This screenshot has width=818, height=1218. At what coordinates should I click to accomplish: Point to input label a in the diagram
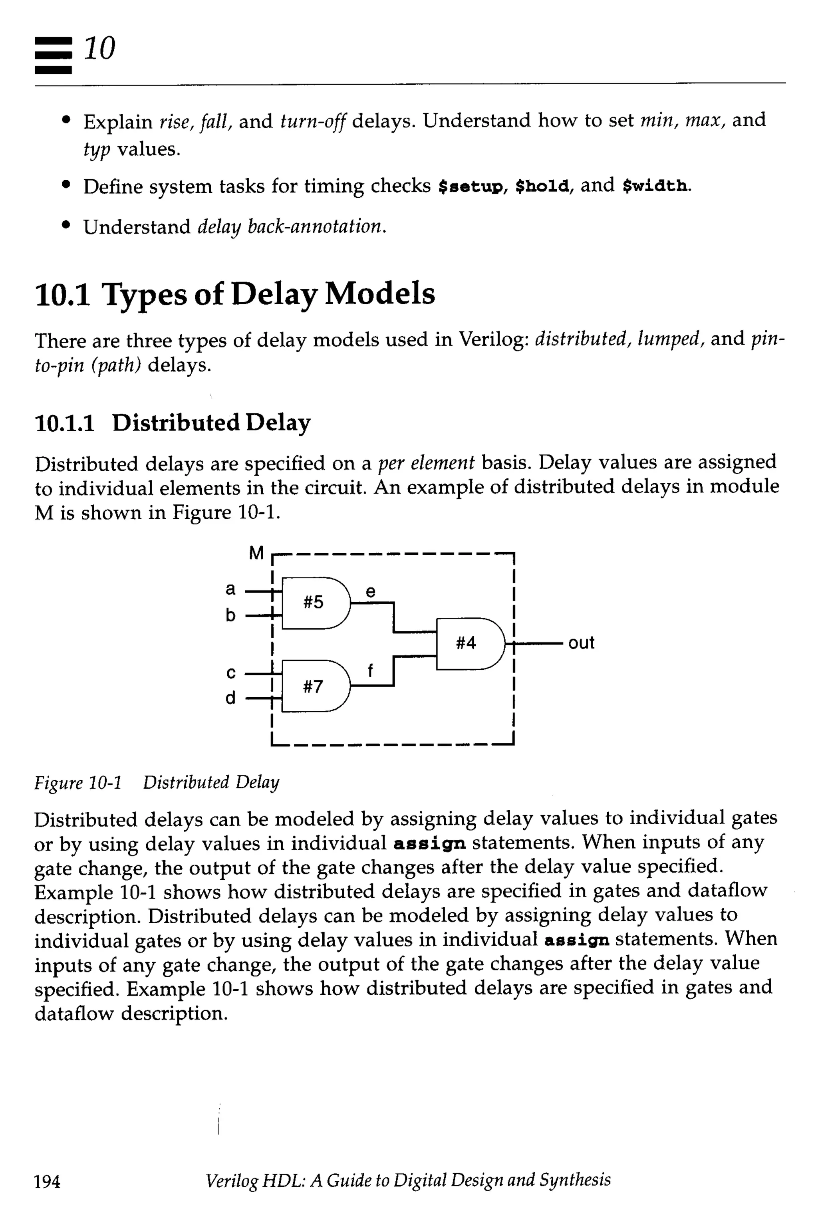[x=230, y=589]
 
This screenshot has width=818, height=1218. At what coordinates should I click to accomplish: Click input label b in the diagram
[x=230, y=615]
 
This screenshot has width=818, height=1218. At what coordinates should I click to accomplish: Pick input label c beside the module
[x=230, y=673]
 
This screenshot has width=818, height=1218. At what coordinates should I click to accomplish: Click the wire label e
[x=370, y=591]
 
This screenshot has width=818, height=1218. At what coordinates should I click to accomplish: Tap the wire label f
[x=370, y=670]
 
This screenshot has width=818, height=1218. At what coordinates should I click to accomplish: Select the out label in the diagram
[x=581, y=643]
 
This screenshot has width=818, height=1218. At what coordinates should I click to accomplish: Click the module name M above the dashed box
[x=256, y=552]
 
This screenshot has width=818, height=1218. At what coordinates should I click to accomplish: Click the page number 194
[x=47, y=1181]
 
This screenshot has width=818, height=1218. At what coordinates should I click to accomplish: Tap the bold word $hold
[x=542, y=186]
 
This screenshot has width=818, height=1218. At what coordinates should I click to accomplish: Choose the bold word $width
[x=655, y=186]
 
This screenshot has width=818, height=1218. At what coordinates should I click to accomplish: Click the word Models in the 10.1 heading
[x=380, y=294]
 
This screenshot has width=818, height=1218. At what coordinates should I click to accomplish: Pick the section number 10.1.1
[x=65, y=423]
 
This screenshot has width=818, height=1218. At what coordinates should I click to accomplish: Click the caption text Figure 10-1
[x=78, y=782]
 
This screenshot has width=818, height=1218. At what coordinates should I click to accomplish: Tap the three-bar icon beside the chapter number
[x=53, y=55]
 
